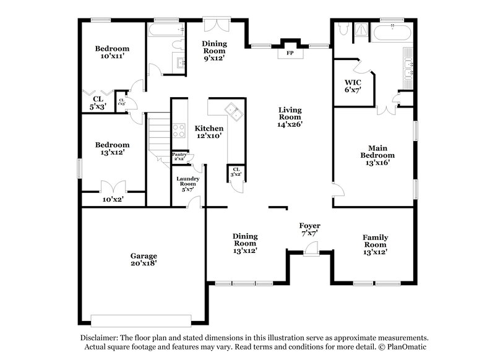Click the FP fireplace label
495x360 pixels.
289,53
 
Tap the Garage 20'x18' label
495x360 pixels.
143,259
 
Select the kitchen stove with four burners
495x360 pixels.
179,131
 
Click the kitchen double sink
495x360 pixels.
235,111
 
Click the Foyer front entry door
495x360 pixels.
309,248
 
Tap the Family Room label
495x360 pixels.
376,244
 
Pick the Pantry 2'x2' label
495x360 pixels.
179,157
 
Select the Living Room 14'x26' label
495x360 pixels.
290,117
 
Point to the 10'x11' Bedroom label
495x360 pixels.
112,53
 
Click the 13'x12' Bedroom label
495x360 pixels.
112,148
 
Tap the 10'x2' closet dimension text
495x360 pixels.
113,199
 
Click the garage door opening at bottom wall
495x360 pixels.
142,320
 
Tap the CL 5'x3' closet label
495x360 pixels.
98,103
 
